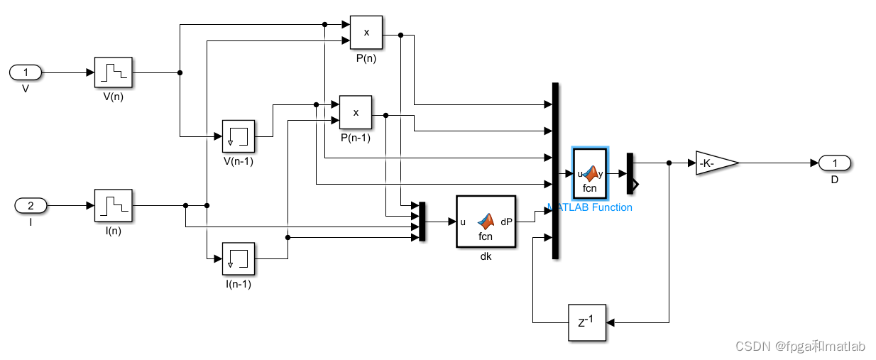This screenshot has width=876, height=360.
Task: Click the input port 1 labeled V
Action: tap(26, 72)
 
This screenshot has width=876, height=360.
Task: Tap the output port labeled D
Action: tap(835, 163)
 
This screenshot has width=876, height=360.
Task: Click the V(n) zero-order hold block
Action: tap(113, 72)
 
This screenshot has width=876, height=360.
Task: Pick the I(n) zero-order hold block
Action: tap(113, 206)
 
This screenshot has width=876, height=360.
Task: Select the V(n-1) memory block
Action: tap(239, 136)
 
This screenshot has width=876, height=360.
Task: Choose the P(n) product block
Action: tap(366, 33)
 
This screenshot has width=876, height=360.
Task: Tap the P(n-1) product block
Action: tap(356, 112)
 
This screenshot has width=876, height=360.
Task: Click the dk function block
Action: tap(486, 222)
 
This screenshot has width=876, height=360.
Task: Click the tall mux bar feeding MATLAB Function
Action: tap(555, 170)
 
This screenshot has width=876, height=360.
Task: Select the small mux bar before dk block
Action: tap(422, 222)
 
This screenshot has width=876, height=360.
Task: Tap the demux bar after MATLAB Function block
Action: tap(630, 173)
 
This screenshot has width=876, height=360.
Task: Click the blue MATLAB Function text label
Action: tap(590, 207)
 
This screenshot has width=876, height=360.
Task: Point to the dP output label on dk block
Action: tap(506, 222)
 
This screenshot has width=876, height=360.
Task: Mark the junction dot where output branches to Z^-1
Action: tap(669, 163)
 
